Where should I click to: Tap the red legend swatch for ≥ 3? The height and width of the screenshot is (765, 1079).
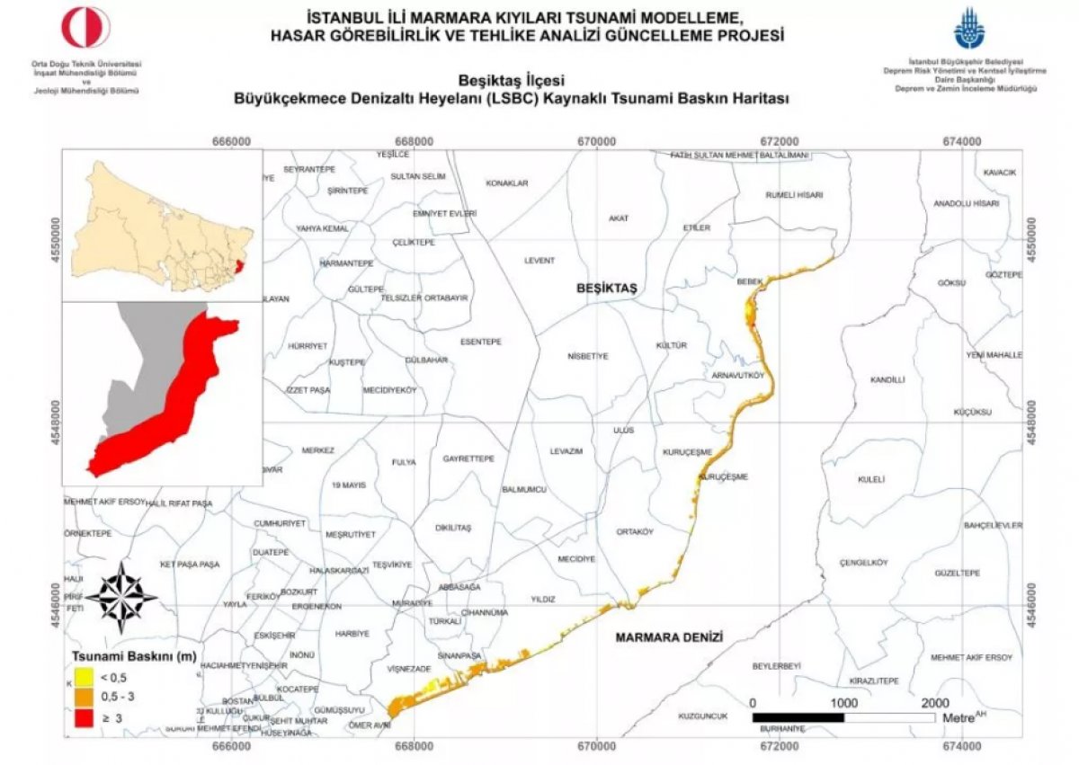pos(84,718)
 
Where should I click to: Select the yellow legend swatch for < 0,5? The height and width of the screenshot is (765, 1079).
pos(84,675)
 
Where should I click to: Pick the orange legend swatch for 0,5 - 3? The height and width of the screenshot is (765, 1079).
pos(84,697)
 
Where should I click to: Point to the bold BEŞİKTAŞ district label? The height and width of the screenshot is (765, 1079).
pos(606,288)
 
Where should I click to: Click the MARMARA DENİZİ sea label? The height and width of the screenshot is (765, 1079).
pos(669,636)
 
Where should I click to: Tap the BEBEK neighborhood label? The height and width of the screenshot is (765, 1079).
pos(749,281)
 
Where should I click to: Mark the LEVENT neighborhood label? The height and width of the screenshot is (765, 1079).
pos(539,261)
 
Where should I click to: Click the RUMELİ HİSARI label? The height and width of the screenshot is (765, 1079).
pos(794,194)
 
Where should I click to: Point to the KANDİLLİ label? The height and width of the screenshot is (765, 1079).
pos(887,380)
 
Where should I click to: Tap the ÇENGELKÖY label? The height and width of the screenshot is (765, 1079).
pos(863,563)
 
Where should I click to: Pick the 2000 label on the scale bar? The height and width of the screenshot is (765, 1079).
pos(935,702)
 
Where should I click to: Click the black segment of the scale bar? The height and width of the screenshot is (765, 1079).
pos(798,717)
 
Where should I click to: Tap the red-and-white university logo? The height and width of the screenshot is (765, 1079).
pos(85,29)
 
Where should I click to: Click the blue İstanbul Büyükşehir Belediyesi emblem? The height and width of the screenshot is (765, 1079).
pos(968,29)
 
